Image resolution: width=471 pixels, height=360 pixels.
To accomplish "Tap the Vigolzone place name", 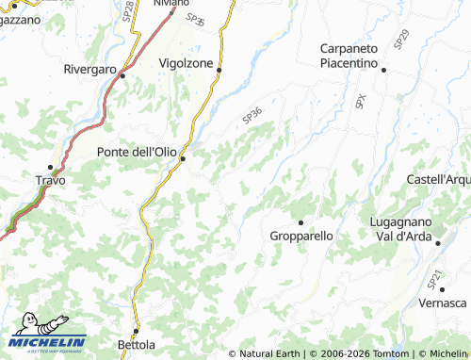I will (x=187, y=62).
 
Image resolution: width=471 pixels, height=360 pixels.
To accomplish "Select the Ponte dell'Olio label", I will (x=138, y=150).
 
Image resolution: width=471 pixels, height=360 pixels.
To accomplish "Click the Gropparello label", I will (x=301, y=236).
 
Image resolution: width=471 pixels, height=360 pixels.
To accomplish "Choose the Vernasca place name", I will (x=443, y=303).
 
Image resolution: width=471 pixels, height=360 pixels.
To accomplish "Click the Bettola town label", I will (x=136, y=344).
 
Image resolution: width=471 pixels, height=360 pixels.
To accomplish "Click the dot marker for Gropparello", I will (x=301, y=221).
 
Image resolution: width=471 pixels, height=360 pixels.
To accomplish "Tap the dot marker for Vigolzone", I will (x=219, y=70).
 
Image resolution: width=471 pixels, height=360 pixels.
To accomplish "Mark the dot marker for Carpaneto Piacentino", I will (x=383, y=68).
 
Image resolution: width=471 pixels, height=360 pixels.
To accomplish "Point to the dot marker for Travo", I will (x=50, y=167).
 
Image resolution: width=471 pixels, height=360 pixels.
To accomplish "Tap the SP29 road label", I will (x=402, y=39).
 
